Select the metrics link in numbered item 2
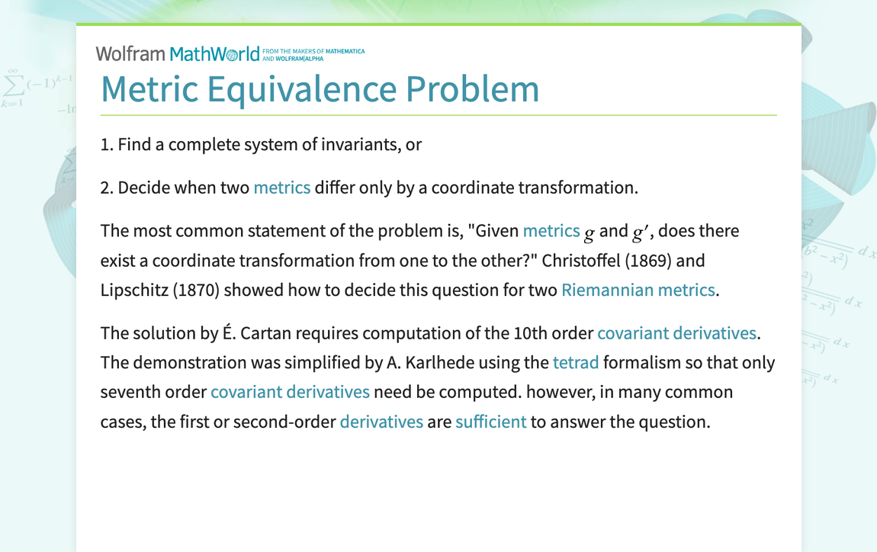(x=281, y=188)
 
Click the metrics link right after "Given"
(x=551, y=230)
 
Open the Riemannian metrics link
(x=638, y=290)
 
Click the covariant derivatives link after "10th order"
(x=676, y=333)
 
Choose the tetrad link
(x=575, y=362)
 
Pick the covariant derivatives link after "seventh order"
(x=290, y=392)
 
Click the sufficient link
(x=490, y=422)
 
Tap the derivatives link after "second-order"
(x=381, y=422)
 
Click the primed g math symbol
(x=639, y=231)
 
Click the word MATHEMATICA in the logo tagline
(x=345, y=51)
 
